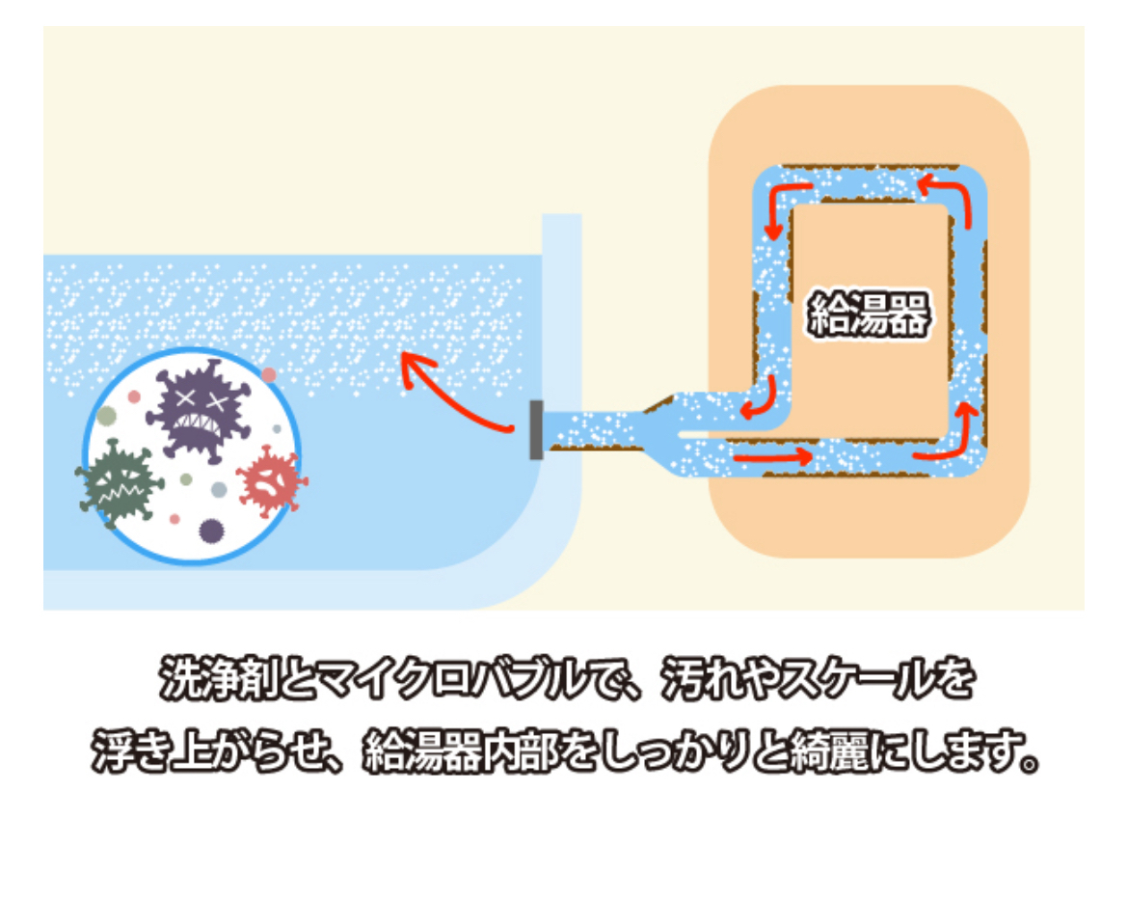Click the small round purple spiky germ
pyautogui.click(x=211, y=530)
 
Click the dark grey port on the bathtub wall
pyautogui.click(x=536, y=430)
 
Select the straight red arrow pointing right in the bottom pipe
pyautogui.click(x=771, y=454)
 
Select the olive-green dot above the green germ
pyautogui.click(x=107, y=415)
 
